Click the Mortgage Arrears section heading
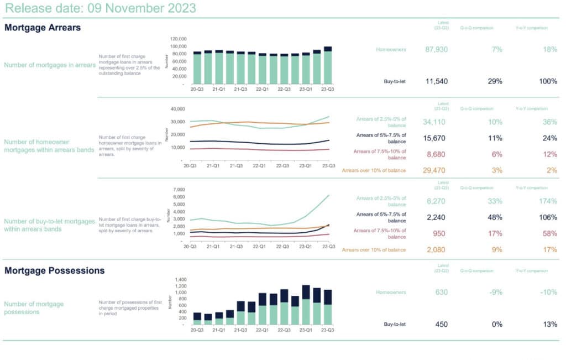pos(43,27)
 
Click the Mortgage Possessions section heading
pos(55,270)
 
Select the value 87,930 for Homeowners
pos(436,49)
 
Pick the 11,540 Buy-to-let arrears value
pos(436,81)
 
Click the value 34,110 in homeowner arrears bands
pos(436,122)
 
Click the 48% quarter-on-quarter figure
pos(495,217)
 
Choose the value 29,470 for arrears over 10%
pos(436,170)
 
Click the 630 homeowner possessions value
pos(441,292)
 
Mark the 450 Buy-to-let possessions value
pos(441,324)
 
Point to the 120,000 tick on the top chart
pos(177,39)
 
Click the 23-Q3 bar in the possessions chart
pos(328,307)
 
